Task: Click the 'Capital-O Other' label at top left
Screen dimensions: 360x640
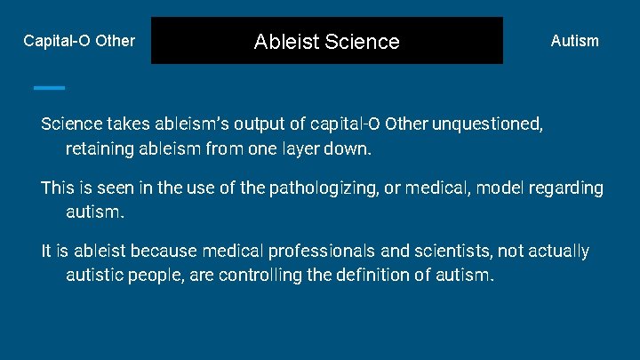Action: [79, 41]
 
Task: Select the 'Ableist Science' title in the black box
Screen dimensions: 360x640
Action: [326, 41]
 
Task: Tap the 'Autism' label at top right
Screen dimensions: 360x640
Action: [574, 41]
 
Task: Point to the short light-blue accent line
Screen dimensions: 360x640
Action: [49, 87]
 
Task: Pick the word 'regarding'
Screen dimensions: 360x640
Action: [567, 188]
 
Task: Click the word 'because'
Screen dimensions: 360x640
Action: [148, 252]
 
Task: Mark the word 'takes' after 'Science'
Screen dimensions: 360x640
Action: [132, 122]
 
